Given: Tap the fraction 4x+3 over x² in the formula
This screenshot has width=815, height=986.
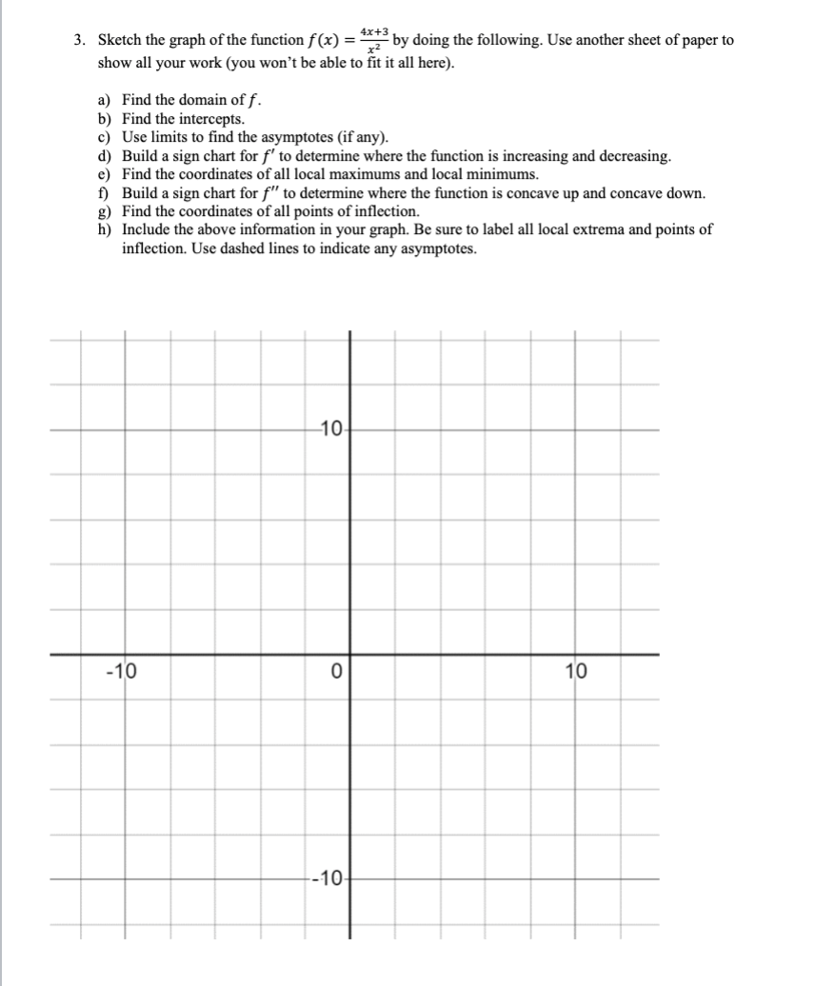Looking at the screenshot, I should (374, 41).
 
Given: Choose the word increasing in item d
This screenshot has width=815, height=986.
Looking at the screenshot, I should (532, 156).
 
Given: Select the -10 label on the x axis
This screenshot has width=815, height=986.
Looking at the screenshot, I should (121, 672).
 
